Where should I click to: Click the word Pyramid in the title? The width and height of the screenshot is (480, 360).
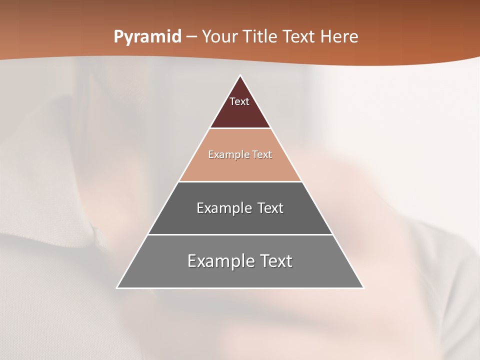click(x=147, y=37)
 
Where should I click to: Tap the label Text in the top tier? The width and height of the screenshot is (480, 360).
click(x=239, y=101)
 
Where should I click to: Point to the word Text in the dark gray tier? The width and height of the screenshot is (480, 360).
click(x=270, y=208)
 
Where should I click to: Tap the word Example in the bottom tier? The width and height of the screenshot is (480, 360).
click(x=219, y=261)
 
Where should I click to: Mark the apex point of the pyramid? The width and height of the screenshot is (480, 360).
click(x=240, y=75)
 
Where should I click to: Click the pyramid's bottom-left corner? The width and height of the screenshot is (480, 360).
click(x=117, y=287)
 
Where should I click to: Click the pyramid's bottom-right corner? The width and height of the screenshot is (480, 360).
click(x=363, y=287)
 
